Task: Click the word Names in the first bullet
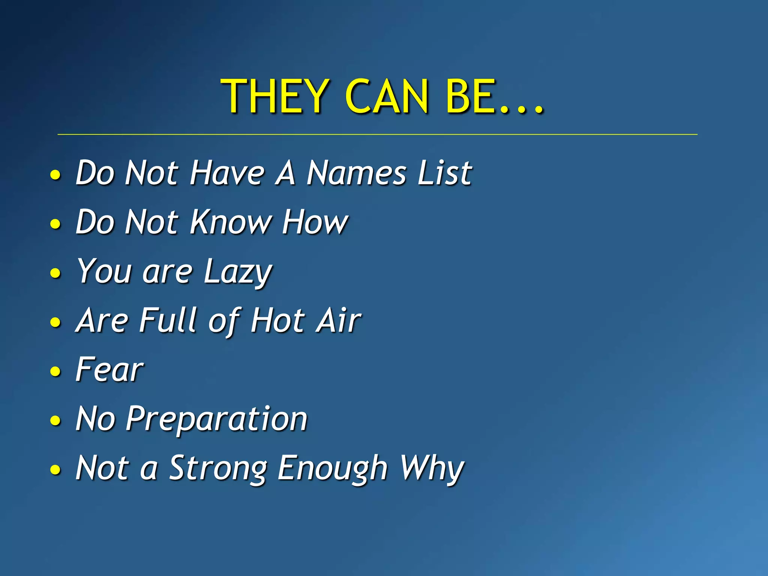click(x=356, y=173)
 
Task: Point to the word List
click(x=444, y=173)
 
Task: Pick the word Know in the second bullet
click(x=231, y=222)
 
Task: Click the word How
click(x=315, y=222)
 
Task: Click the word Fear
click(x=109, y=370)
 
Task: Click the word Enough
click(x=332, y=469)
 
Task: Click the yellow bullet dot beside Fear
click(x=55, y=371)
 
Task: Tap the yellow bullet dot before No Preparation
click(x=55, y=420)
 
